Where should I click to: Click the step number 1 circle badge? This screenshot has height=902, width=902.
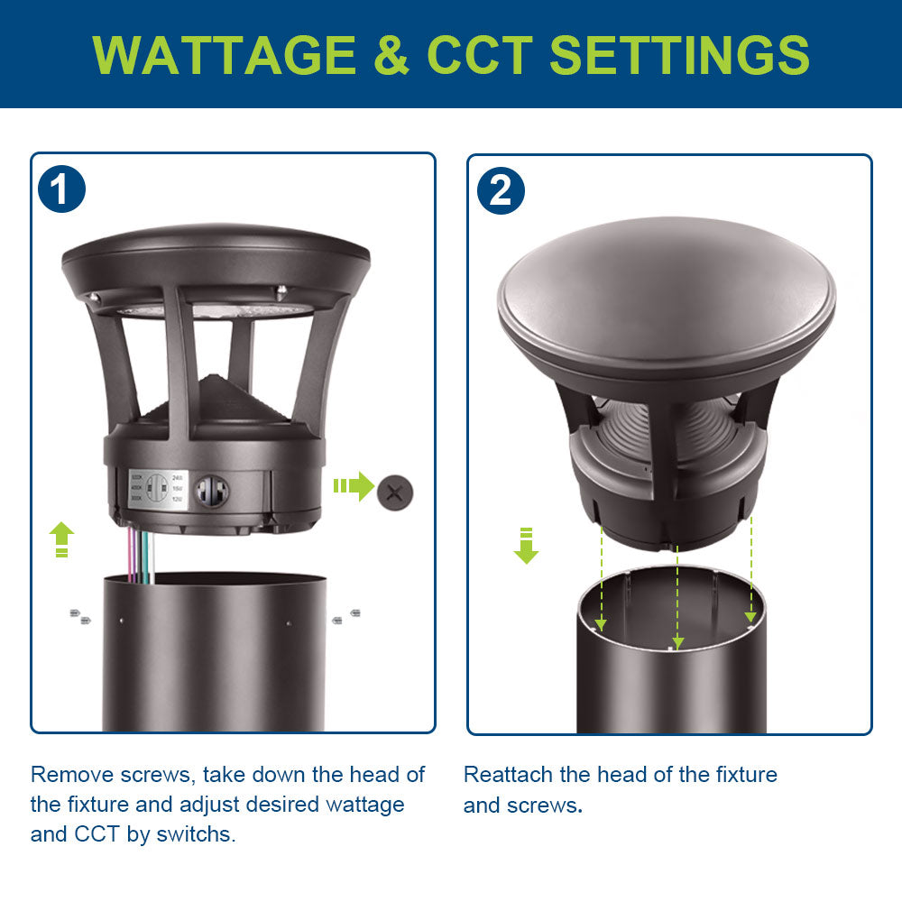coord(61,190)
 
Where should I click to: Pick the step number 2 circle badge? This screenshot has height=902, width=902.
coord(500,190)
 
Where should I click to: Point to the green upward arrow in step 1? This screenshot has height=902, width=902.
coord(60,538)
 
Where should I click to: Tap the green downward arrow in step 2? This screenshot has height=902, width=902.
coord(526,546)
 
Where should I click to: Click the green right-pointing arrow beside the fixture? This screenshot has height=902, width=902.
coord(354,487)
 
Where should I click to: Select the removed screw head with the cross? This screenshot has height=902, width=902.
coord(394,492)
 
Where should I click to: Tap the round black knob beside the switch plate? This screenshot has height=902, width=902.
coord(212,492)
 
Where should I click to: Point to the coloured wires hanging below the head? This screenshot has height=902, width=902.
coord(142,552)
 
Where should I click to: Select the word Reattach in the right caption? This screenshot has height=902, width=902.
coord(507,774)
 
